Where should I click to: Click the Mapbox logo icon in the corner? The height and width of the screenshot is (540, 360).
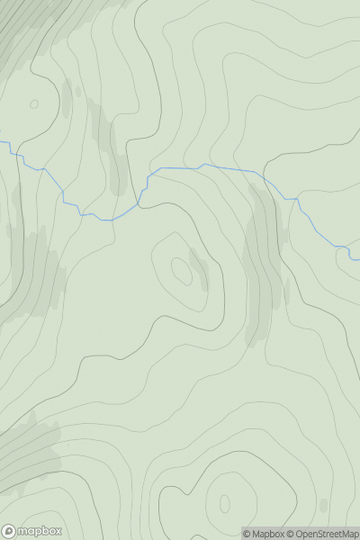point(10,532)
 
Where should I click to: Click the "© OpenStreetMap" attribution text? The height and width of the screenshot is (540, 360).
point(322,534)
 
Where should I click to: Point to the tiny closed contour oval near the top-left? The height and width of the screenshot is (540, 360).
point(34,103)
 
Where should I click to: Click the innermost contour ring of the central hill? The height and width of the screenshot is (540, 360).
point(181,268)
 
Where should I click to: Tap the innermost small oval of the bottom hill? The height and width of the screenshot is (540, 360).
point(224,503)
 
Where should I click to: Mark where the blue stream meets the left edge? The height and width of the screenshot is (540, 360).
point(2,142)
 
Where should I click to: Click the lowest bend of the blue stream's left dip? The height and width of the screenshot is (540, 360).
point(107,220)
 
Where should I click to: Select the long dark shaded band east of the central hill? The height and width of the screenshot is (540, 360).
point(261,270)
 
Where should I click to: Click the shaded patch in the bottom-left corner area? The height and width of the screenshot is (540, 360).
point(27,454)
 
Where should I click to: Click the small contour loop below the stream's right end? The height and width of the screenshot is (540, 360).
point(354,256)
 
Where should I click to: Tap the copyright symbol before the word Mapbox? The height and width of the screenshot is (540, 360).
point(246,534)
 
